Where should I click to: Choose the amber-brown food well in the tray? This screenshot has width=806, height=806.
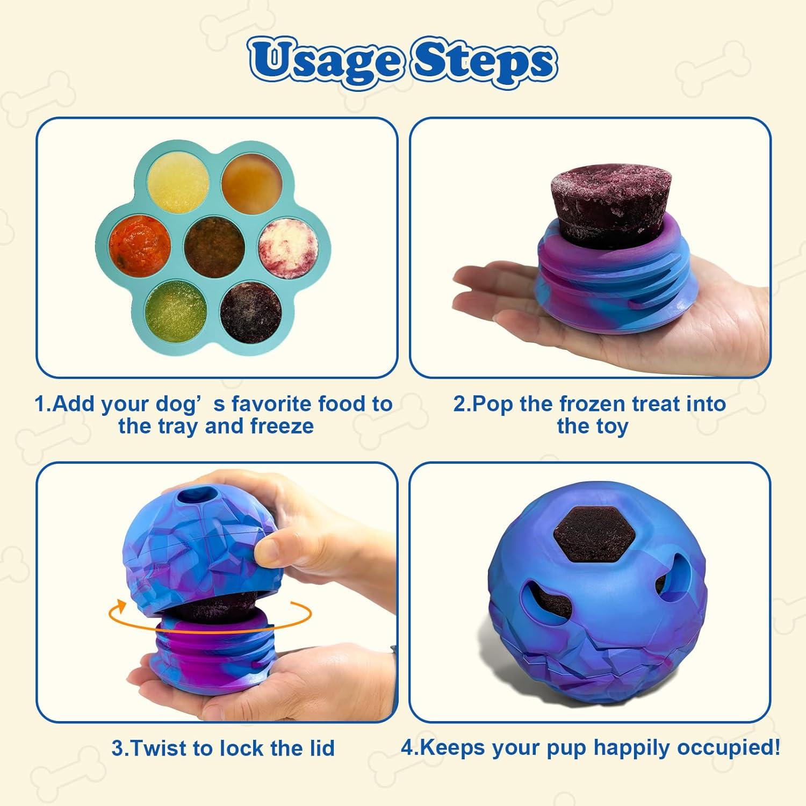[250, 180]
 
